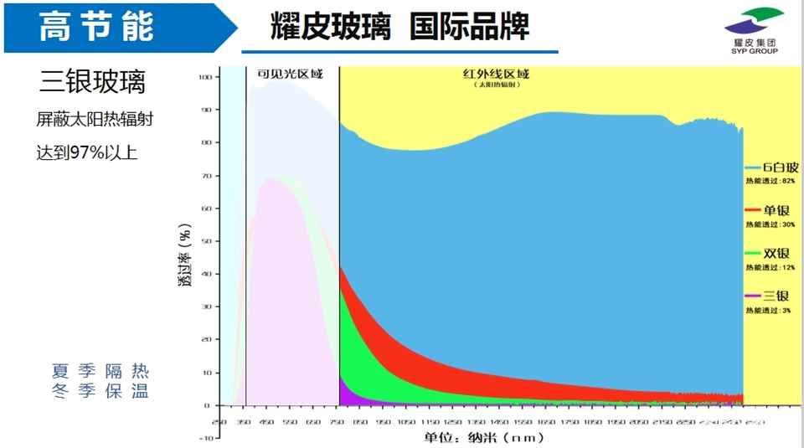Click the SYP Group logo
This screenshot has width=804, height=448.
[x=753, y=30]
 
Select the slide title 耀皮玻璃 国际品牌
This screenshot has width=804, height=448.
[x=400, y=26]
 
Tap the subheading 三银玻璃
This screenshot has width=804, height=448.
[x=93, y=83]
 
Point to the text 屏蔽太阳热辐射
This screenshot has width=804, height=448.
[x=95, y=120]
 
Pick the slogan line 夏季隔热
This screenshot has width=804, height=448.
[x=100, y=371]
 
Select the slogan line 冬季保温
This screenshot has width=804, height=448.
[x=100, y=391]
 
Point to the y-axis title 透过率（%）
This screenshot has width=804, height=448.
[x=185, y=256]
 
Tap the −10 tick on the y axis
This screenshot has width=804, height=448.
[x=204, y=438]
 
